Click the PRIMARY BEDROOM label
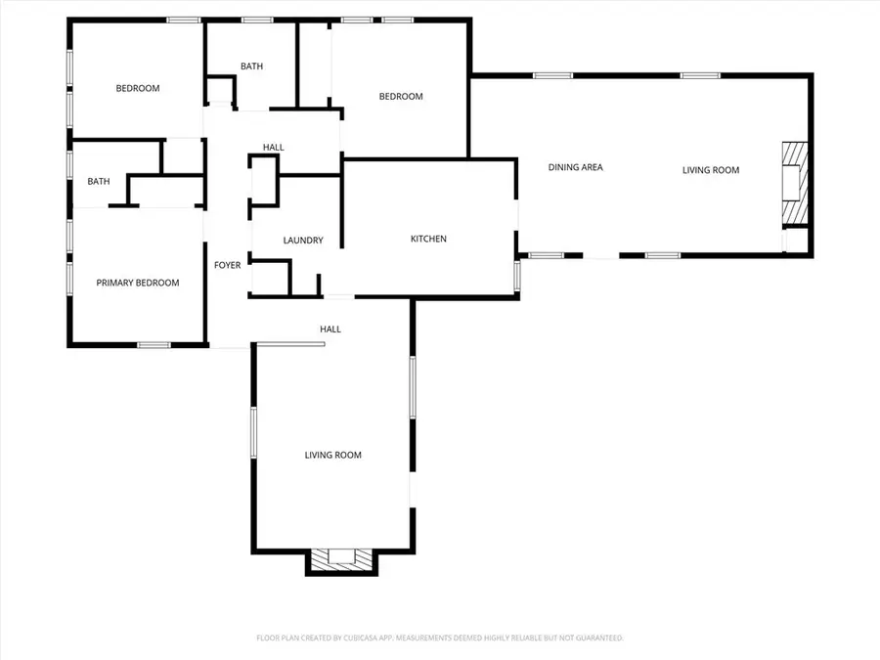click(138, 283)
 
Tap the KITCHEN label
click(428, 239)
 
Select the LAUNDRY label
click(303, 241)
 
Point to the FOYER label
click(227, 265)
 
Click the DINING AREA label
click(575, 167)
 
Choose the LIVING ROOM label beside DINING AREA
click(711, 170)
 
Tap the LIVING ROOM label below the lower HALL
click(332, 455)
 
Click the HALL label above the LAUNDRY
click(274, 147)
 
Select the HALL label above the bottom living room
click(330, 329)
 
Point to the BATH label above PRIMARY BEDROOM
click(98, 181)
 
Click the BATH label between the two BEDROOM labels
click(251, 66)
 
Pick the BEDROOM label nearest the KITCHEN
click(401, 97)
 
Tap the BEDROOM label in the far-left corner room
click(138, 88)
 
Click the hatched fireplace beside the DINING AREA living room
click(795, 183)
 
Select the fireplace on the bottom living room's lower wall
click(342, 559)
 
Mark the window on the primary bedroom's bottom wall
click(154, 344)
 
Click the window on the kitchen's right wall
click(517, 276)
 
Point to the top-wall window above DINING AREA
click(552, 75)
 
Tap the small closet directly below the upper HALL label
click(263, 181)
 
